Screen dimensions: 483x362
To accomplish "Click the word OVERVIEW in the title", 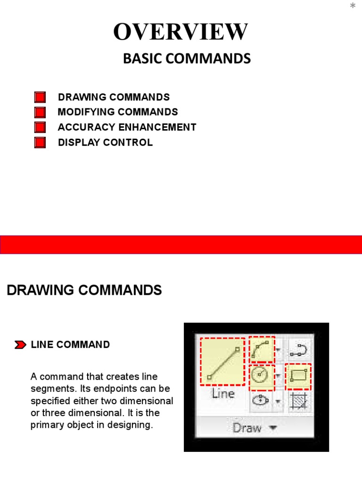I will (x=181, y=32).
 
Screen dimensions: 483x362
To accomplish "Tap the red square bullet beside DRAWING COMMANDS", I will (x=40, y=97).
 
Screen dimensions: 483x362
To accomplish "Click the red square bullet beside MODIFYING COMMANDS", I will (x=40, y=112).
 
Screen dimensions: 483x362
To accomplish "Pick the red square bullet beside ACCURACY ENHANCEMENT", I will (x=40, y=127).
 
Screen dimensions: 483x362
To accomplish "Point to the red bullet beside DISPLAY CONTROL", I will (x=40, y=142).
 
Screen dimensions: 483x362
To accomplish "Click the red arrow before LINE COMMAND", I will (x=20, y=345).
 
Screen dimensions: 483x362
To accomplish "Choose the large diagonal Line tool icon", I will (x=222, y=361).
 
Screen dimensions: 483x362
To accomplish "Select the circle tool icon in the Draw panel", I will (x=261, y=376).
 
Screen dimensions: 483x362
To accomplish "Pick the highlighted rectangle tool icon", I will (x=298, y=376).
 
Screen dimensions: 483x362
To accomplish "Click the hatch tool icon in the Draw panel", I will (x=298, y=401).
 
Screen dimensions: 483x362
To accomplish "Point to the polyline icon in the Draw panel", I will (x=298, y=350).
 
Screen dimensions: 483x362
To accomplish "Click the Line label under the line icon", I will (x=223, y=394).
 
